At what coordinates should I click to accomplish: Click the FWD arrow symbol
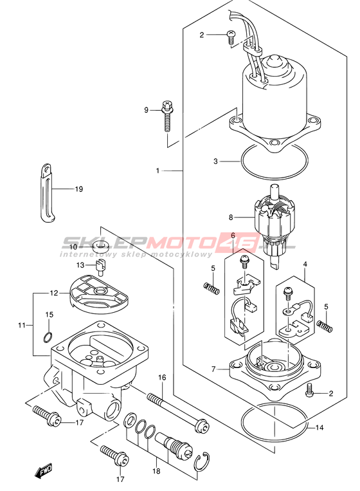[44, 471]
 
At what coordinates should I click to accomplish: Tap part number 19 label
[79, 189]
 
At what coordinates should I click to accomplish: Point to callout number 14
[319, 427]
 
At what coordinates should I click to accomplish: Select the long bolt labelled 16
[177, 411]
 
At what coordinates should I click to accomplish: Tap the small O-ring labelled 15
[48, 337]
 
